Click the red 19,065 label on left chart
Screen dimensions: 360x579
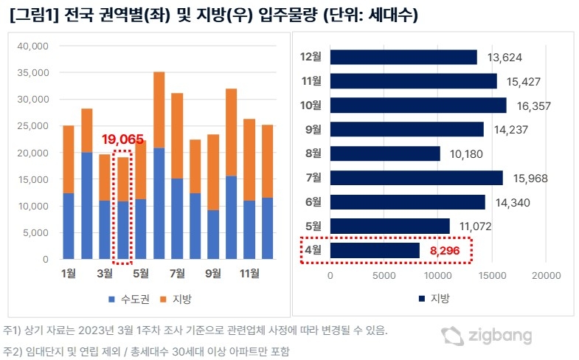tap(123, 138)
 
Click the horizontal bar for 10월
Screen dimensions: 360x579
tap(417, 105)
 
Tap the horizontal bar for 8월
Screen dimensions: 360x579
tap(385, 153)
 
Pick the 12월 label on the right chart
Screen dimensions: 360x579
tap(311, 57)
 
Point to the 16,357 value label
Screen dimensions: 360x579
tap(530, 105)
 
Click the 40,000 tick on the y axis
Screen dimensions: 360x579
tap(32, 46)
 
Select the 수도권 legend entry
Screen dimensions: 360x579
tap(128, 299)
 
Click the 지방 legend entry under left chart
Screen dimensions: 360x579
tap(176, 299)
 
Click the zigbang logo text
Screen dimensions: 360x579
tap(500, 336)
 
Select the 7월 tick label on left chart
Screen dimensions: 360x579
tap(177, 274)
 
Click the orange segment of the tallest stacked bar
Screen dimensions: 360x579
tap(159, 110)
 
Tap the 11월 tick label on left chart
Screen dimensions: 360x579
tap(249, 274)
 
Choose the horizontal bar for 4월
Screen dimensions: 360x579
tap(375, 251)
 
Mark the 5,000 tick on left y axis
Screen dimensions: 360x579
tap(35, 233)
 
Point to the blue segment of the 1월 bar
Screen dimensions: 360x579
tap(69, 226)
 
